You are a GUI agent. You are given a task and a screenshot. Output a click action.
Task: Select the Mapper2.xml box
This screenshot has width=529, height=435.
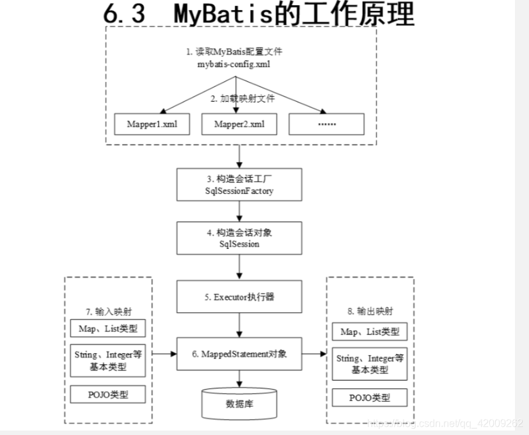[240, 124]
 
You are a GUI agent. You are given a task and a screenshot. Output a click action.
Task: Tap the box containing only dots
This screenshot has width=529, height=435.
[326, 124]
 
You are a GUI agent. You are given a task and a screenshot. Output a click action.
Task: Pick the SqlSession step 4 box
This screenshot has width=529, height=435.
[239, 238]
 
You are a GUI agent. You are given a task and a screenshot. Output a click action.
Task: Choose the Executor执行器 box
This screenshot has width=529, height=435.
[239, 297]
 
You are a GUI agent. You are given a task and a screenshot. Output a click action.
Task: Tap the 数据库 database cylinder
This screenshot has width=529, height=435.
[239, 404]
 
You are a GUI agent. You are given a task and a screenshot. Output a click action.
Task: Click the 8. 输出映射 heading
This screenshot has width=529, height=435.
[369, 312]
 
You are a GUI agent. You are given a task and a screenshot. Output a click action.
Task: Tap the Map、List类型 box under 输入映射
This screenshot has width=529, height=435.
[107, 329]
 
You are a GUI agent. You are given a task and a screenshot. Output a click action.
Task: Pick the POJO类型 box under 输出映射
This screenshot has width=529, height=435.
[370, 397]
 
